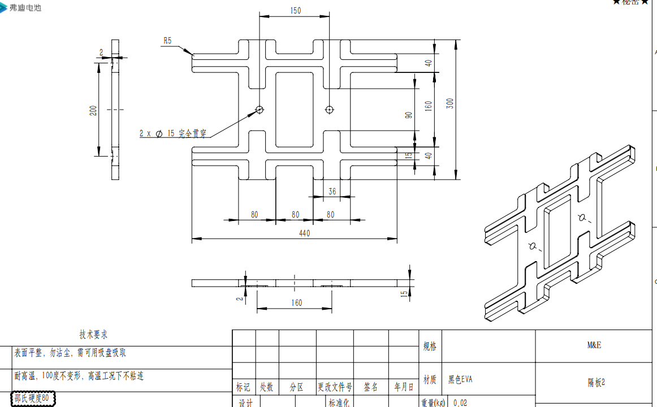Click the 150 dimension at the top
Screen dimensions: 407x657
click(x=295, y=11)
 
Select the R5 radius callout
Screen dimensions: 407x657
click(x=167, y=41)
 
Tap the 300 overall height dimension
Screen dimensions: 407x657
click(x=449, y=103)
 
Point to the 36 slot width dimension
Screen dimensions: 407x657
click(x=332, y=192)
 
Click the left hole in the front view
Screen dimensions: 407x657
click(x=260, y=110)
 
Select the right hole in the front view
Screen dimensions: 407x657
click(x=330, y=110)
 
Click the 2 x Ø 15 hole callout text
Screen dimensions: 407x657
click(x=173, y=134)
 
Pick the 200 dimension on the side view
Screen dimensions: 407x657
click(x=93, y=110)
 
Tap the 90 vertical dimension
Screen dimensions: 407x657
click(x=408, y=115)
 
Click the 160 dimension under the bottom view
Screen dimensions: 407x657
click(x=296, y=302)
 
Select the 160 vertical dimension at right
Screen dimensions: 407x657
click(x=428, y=106)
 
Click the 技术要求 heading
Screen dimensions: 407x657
click(x=93, y=335)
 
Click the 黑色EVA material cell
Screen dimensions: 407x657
click(x=460, y=380)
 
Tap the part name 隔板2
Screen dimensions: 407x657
click(x=596, y=383)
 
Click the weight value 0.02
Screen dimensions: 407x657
click(x=460, y=402)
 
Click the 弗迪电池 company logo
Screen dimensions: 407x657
click(x=21, y=7)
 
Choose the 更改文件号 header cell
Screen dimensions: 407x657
click(x=334, y=387)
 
